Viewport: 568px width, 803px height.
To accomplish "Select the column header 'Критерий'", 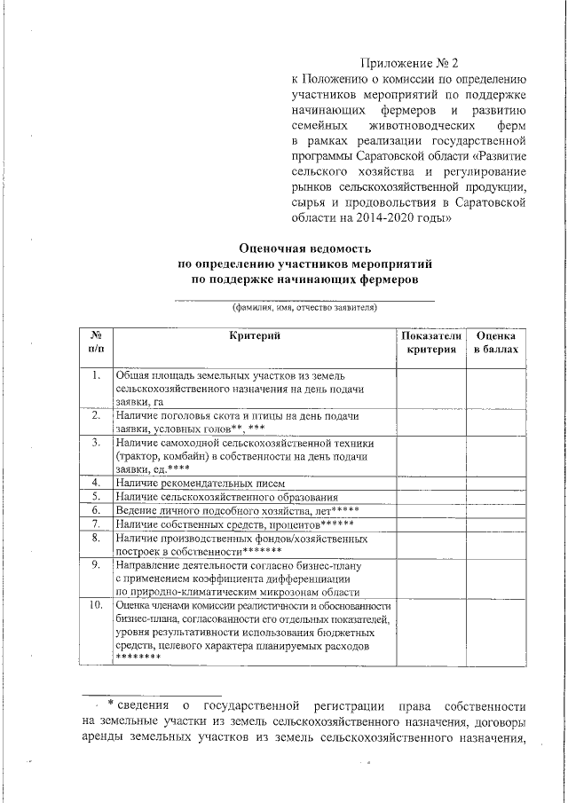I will point(254,335).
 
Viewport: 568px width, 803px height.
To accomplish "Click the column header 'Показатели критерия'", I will point(431,342).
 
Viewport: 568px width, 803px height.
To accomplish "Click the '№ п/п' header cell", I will point(96,342).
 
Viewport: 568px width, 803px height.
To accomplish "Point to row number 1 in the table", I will point(96,375).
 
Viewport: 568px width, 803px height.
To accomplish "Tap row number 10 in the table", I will point(96,604).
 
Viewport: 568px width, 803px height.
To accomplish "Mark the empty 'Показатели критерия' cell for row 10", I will point(431,631).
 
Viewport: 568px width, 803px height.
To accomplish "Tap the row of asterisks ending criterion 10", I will point(138,658).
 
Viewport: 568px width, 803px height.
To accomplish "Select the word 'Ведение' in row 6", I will point(137,510).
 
